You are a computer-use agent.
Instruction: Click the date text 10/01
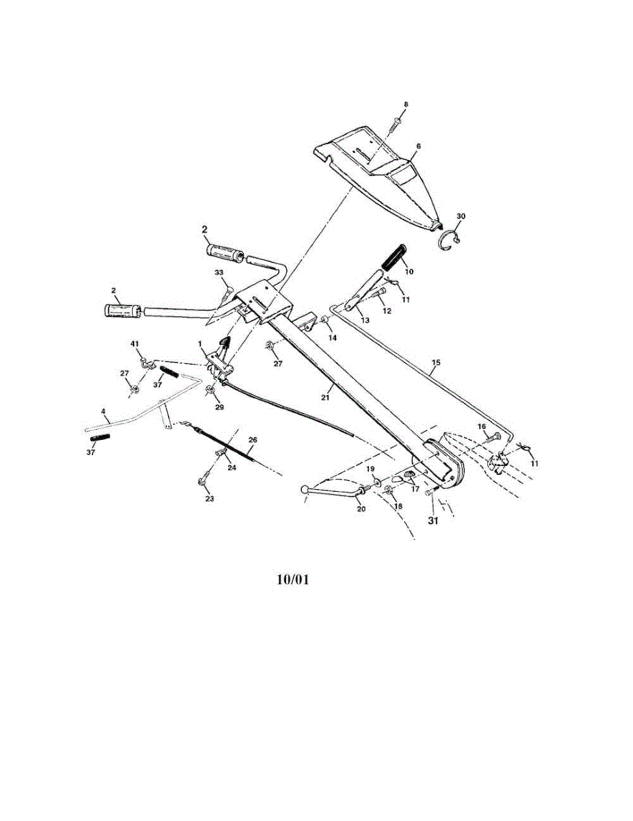[293, 579]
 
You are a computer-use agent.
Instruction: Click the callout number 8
[405, 104]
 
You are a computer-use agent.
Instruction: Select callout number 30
[461, 216]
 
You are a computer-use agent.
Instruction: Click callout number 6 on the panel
[419, 146]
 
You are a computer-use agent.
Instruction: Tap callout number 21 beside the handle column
[326, 396]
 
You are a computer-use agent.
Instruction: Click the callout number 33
[219, 272]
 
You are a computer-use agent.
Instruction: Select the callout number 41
[135, 342]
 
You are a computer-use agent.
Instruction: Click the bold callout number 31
[433, 520]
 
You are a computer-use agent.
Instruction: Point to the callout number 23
[209, 499]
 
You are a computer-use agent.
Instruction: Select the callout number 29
[219, 406]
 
